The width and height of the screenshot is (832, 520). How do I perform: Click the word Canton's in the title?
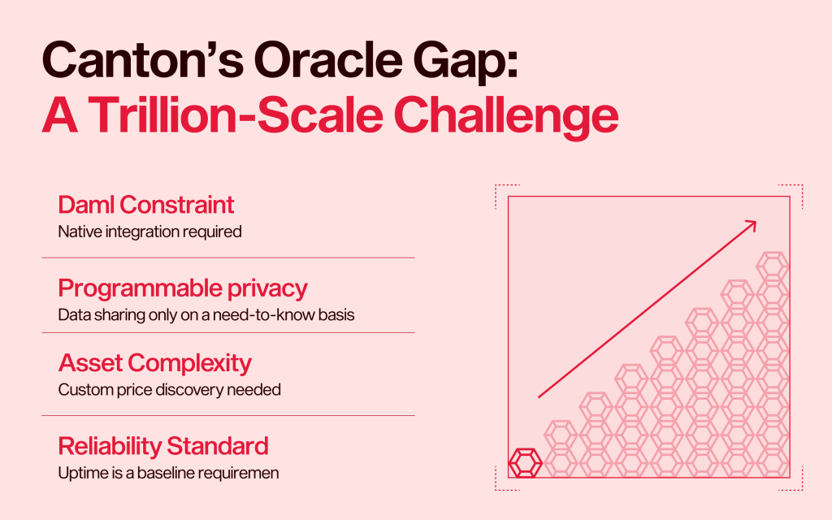click(x=143, y=59)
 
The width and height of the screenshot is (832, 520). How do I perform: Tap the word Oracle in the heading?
click(x=328, y=59)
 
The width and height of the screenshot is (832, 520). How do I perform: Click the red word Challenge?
click(x=506, y=117)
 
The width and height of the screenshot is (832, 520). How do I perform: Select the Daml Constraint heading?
click(x=146, y=205)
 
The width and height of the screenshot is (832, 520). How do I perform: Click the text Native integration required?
click(x=149, y=232)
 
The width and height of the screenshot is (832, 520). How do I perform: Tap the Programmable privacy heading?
click(x=183, y=288)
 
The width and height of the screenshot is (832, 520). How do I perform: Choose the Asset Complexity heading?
click(x=154, y=364)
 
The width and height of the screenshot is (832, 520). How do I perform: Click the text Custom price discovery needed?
click(x=169, y=390)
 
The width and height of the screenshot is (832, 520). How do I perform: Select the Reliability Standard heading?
click(x=163, y=446)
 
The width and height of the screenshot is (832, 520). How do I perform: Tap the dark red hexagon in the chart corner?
click(x=526, y=463)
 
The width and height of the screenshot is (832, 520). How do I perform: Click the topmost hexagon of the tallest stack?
click(x=773, y=266)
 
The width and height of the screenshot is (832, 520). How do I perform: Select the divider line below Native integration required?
click(x=228, y=258)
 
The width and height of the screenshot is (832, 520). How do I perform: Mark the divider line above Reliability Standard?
click(x=228, y=415)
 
